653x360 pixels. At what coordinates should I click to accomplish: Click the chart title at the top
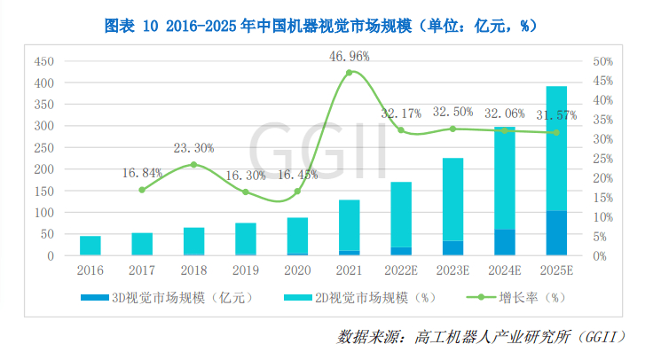[x=326, y=25]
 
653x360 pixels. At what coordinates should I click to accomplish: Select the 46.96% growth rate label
[x=349, y=55]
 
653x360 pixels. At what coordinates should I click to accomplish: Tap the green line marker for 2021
[x=349, y=73]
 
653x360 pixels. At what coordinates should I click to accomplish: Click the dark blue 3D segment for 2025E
[x=556, y=233]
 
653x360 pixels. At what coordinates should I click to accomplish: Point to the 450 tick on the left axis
[x=43, y=62]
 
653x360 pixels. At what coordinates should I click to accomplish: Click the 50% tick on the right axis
[x=604, y=62]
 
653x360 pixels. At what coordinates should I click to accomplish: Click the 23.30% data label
[x=194, y=148]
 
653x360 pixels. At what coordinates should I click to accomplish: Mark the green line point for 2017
[x=142, y=190]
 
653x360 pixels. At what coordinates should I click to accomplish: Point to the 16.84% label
[x=142, y=173]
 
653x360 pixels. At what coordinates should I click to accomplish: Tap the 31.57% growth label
[x=556, y=115]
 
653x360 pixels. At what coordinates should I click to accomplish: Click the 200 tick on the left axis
[x=43, y=169]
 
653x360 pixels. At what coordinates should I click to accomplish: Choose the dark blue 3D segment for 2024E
[x=504, y=242]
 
